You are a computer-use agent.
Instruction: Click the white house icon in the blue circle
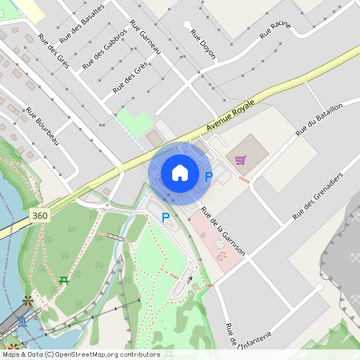click(x=180, y=173)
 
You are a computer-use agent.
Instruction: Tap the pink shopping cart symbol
click(x=240, y=160)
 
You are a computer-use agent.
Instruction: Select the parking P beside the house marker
click(x=209, y=176)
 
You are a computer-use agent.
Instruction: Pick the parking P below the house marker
click(x=166, y=217)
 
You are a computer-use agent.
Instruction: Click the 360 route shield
click(x=40, y=216)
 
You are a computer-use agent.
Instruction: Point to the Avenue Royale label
click(x=230, y=116)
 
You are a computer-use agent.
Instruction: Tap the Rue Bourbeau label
click(x=42, y=126)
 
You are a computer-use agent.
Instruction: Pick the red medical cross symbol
click(x=221, y=256)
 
